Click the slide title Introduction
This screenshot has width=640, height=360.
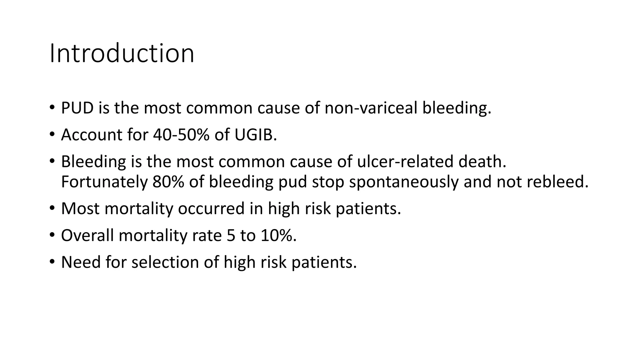(122, 53)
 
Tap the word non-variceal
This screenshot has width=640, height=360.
(371, 108)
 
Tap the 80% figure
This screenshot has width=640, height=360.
(168, 182)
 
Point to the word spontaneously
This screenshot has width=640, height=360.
(403, 182)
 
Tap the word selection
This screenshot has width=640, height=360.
(165, 262)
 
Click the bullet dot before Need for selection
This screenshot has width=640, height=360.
(52, 262)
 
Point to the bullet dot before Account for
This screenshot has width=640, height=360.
(52, 134)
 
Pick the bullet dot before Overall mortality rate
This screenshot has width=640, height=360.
(52, 235)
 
